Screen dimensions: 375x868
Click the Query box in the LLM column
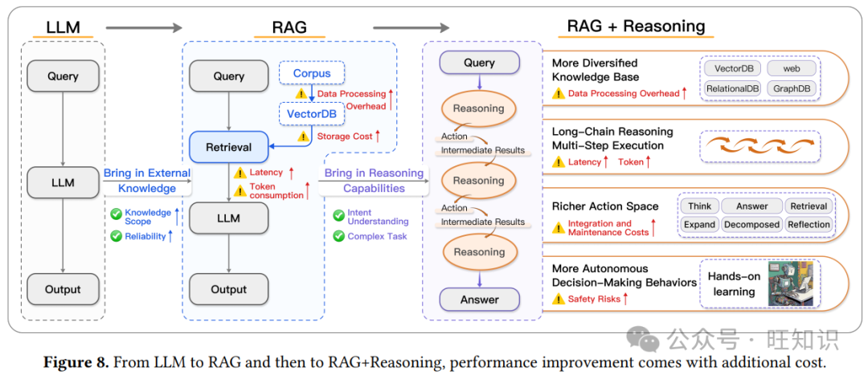point(63,76)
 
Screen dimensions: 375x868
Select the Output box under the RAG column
point(228,289)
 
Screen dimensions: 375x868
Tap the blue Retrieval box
point(229,147)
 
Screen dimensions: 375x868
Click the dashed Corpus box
point(311,73)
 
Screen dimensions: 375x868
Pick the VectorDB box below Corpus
point(311,113)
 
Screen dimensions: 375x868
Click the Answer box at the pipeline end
point(479,300)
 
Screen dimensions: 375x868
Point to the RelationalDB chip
point(732,88)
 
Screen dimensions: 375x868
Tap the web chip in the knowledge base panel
point(792,68)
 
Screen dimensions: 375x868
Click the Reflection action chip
point(808,225)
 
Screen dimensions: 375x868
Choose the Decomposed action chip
point(751,225)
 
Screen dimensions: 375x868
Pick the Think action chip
point(699,206)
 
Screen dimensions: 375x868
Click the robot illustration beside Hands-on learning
point(790,283)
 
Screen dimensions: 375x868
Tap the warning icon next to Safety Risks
point(558,300)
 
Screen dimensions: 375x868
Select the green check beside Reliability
point(117,236)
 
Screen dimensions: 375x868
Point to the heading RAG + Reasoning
point(636,26)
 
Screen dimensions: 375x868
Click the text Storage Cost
point(343,137)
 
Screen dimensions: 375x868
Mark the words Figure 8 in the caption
point(76,363)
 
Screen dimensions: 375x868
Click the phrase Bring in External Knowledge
point(147,181)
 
